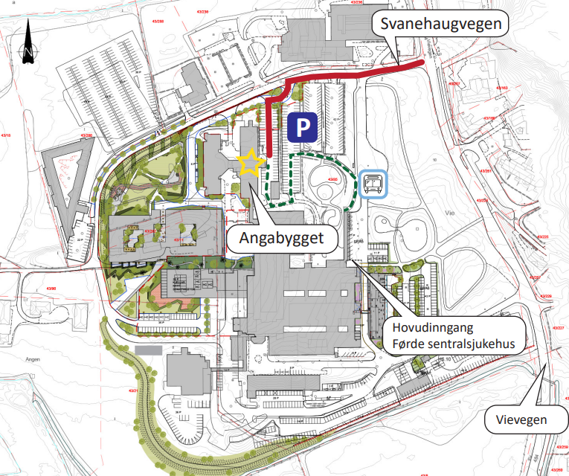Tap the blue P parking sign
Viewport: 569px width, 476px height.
302,127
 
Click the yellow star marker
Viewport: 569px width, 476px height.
251,161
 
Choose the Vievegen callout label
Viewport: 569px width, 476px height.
521,420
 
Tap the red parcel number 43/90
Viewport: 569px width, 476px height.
51,288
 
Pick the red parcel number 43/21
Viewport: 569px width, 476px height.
134,390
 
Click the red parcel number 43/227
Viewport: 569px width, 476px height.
559,328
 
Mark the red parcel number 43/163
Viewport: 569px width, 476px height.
501,88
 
